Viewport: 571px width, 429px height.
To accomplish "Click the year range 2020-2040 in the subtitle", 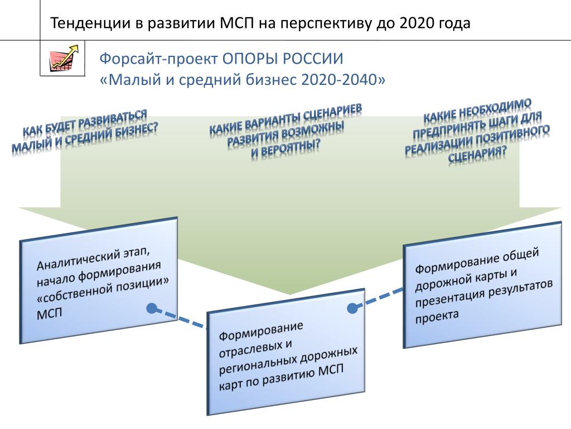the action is (x=340, y=79).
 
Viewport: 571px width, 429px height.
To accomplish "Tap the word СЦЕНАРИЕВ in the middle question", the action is (x=333, y=114).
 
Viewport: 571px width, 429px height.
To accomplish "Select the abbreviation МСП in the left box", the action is (x=50, y=314).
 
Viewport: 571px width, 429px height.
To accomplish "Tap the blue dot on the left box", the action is (x=152, y=308).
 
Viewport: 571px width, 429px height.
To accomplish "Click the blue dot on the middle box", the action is (x=352, y=308).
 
